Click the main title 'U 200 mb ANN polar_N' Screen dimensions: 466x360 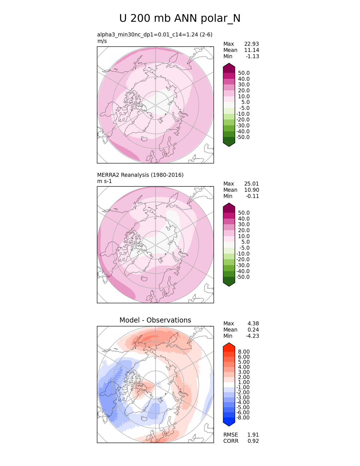coord(180,18)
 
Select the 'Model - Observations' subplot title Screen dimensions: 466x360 coord(155,320)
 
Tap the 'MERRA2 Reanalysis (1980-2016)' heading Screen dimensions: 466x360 coord(140,175)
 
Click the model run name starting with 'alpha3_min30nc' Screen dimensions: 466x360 coord(155,34)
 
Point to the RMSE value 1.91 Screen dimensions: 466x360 coord(253,435)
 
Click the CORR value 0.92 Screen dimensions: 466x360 coord(253,441)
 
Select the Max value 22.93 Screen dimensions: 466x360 coord(251,44)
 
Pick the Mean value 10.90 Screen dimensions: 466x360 coord(251,190)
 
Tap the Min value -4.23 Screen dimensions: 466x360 coord(252,336)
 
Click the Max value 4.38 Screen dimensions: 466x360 coord(253,323)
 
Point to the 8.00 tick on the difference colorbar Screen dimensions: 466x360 coord(244,352)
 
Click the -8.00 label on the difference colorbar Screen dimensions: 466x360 coord(243,417)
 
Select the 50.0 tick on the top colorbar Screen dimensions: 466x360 coord(244,73)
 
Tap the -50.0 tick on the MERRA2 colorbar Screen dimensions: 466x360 coord(243,277)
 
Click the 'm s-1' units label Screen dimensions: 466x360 coord(104,181)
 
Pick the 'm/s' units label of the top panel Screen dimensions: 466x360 coord(102,41)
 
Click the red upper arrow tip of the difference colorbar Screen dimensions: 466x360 coord(229,345)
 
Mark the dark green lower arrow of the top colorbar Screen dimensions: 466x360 coord(229,143)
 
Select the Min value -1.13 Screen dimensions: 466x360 coord(252,56)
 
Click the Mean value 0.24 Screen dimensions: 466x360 coord(253,330)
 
